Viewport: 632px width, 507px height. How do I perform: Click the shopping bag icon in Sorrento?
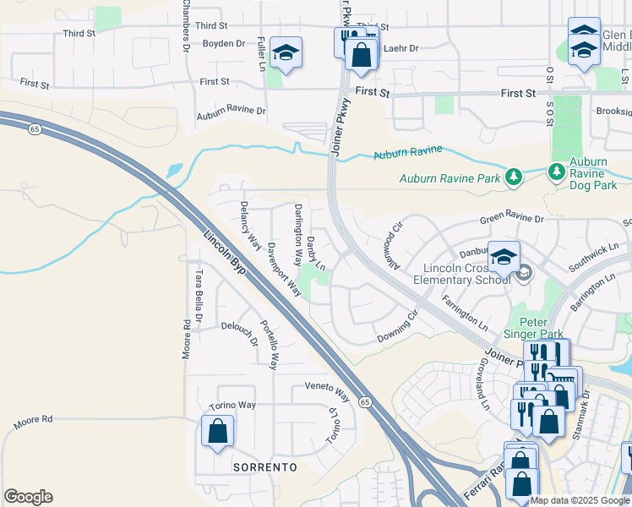pyautogui.click(x=218, y=431)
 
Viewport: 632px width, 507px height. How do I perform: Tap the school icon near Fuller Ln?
pyautogui.click(x=286, y=53)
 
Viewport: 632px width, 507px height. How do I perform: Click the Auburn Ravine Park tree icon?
pyautogui.click(x=512, y=177)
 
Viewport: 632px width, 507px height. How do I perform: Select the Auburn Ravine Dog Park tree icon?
pyautogui.click(x=557, y=172)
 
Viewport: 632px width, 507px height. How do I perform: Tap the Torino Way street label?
pyautogui.click(x=234, y=406)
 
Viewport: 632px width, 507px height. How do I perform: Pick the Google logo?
pyautogui.click(x=28, y=497)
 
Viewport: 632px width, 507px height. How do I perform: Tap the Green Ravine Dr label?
pyautogui.click(x=513, y=219)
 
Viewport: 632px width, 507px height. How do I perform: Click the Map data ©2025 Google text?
pyautogui.click(x=580, y=500)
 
